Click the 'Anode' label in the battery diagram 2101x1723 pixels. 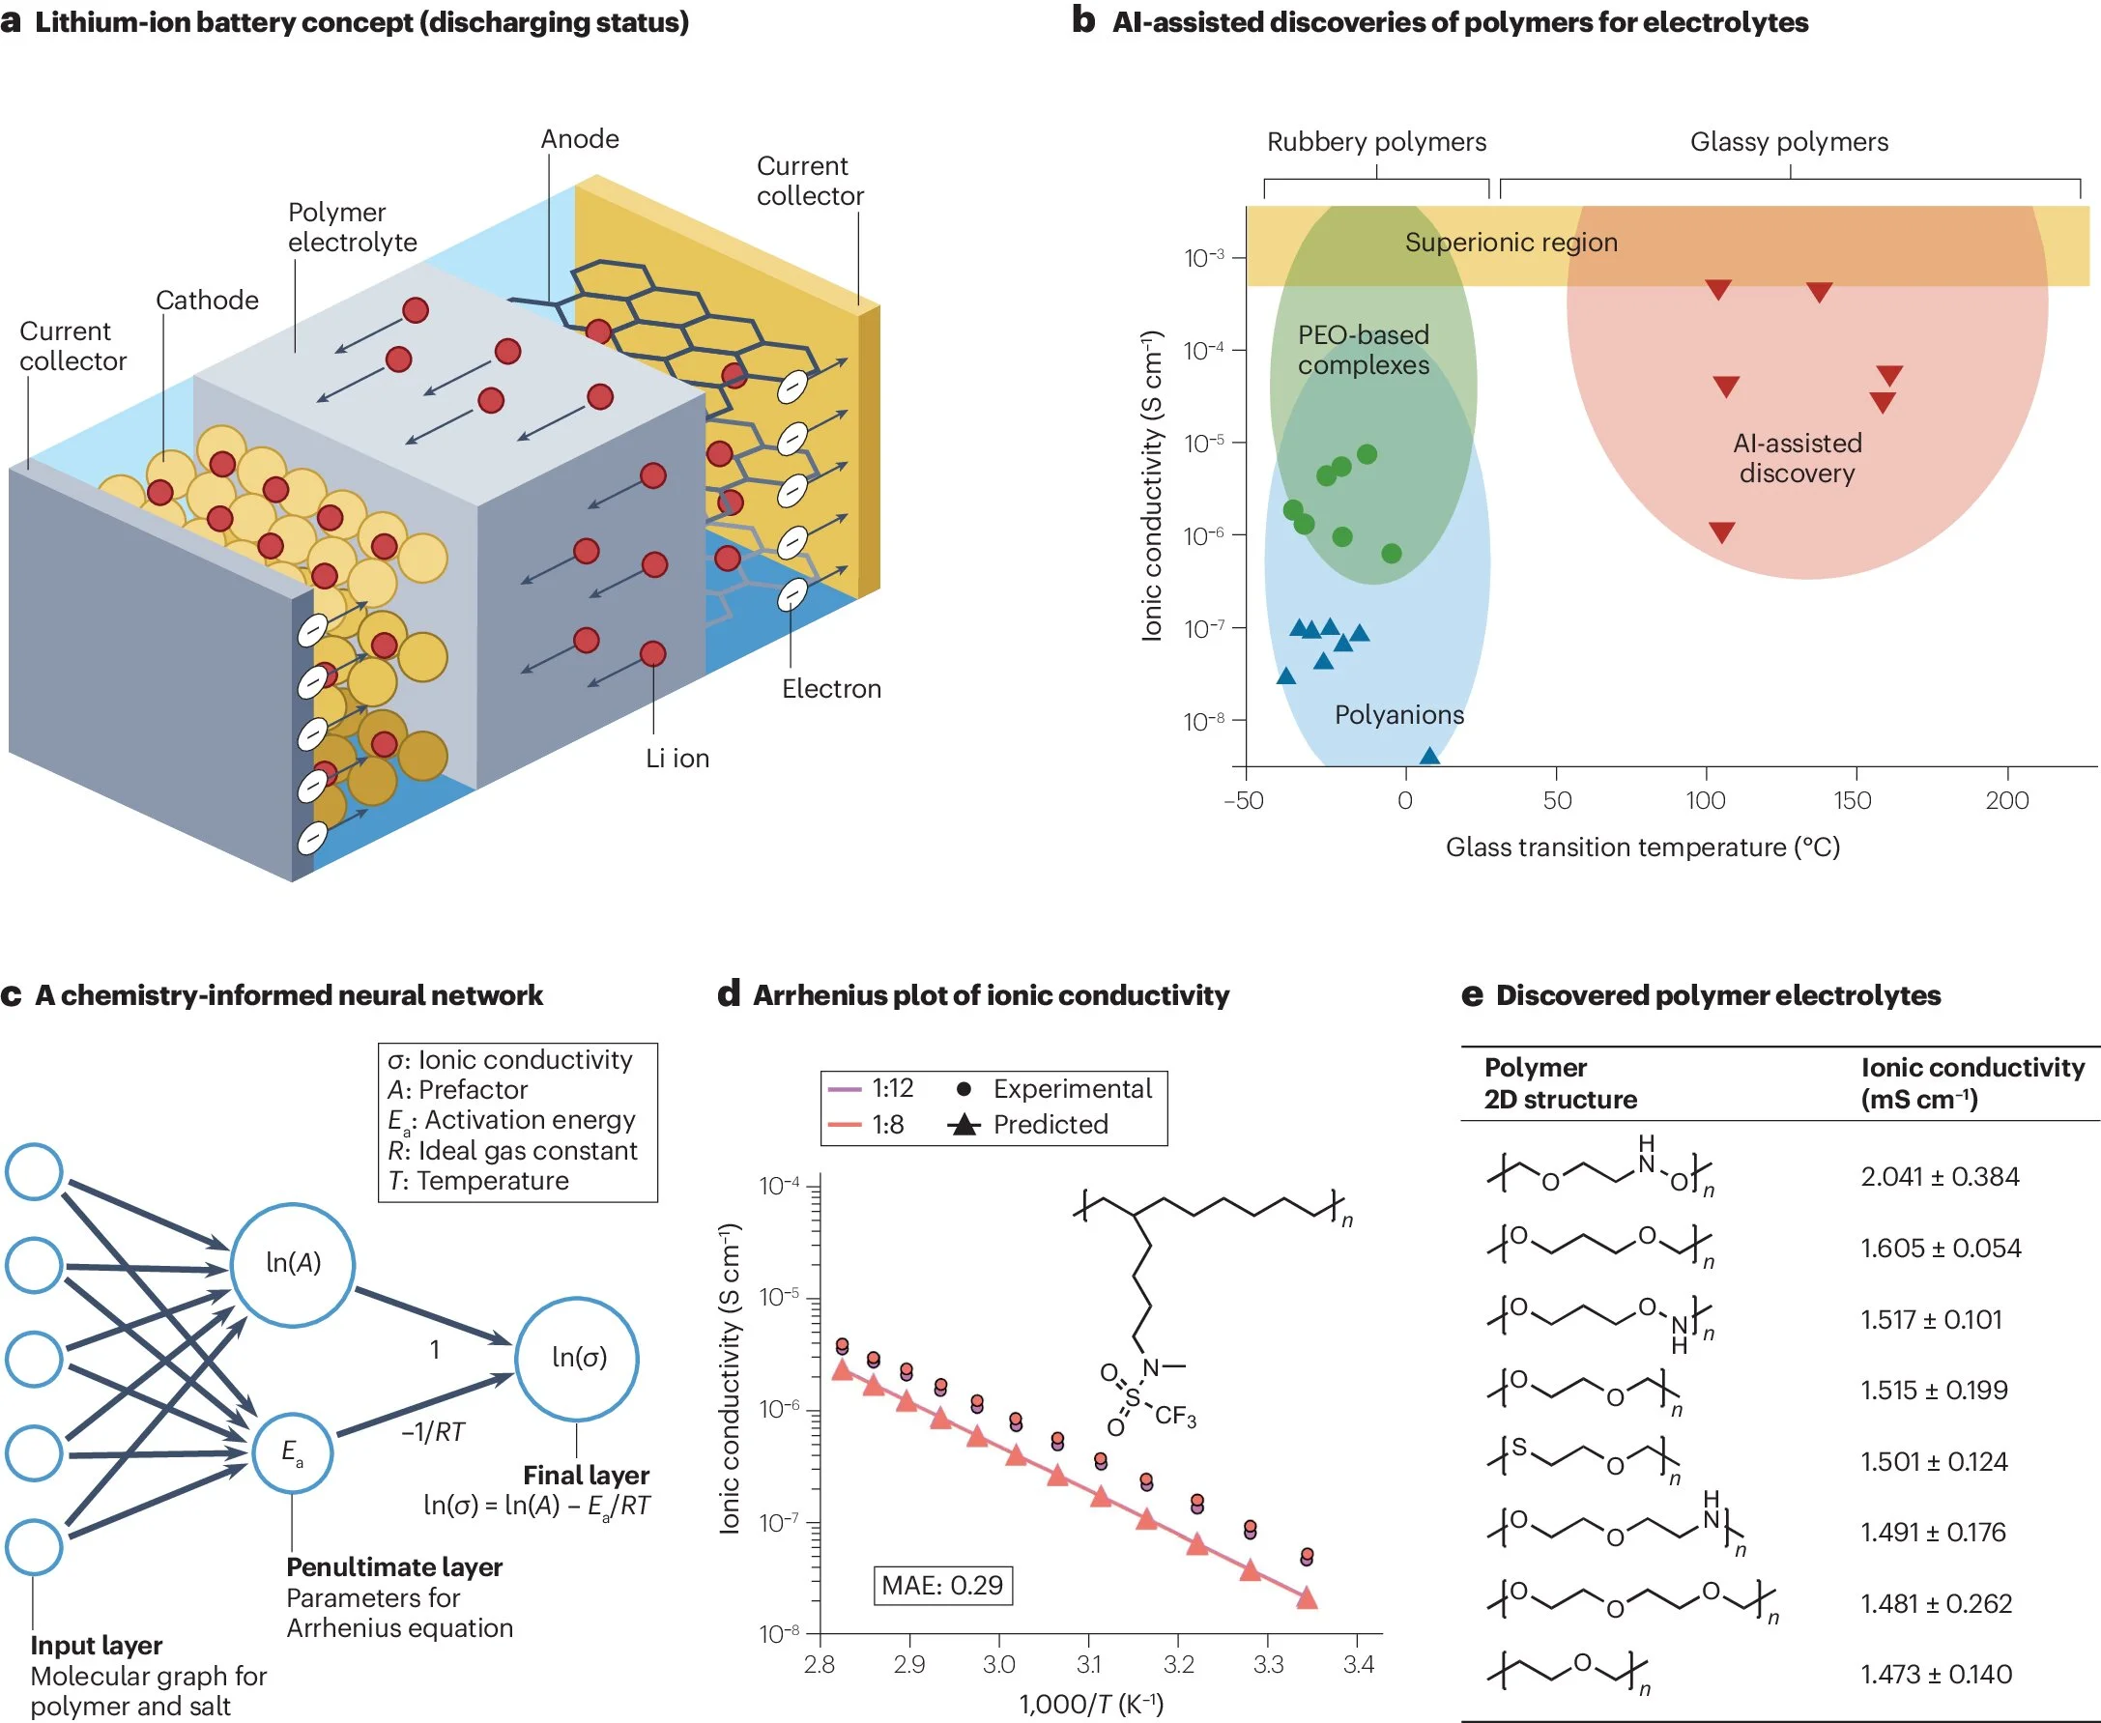point(580,139)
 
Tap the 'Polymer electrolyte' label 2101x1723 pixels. point(353,227)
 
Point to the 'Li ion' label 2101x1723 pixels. point(676,759)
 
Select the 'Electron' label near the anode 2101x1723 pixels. point(831,689)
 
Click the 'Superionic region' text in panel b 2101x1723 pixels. point(1511,243)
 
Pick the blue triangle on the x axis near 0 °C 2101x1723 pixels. point(1428,757)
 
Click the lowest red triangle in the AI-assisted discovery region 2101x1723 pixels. point(1721,532)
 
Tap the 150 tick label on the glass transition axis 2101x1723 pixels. point(1852,800)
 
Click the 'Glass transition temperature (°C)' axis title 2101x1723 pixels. point(1642,847)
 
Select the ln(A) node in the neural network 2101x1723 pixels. point(293,1263)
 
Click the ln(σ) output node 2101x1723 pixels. point(578,1357)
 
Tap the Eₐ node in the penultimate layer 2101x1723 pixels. point(292,1452)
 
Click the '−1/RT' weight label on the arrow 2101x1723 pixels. point(433,1431)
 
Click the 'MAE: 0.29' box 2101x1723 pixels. point(941,1585)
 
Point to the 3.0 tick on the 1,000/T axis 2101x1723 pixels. point(998,1664)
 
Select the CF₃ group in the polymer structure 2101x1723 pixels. point(1175,1416)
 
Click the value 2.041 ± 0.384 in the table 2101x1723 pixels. point(1939,1176)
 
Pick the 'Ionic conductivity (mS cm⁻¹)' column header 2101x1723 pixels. point(1971,1083)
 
